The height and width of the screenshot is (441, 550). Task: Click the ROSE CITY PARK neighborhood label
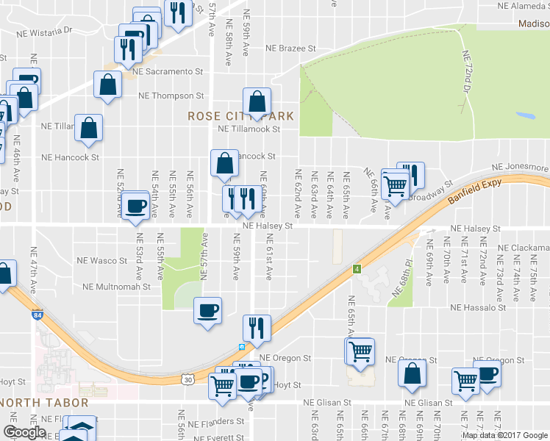(x=240, y=116)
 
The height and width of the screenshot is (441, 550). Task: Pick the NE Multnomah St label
(x=116, y=287)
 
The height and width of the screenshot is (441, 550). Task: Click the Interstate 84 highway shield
(x=37, y=315)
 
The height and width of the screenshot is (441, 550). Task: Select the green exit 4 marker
(x=357, y=268)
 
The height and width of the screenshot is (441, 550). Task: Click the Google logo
(x=24, y=432)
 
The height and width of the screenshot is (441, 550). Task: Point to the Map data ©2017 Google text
(x=504, y=434)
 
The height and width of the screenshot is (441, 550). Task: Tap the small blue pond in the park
(x=525, y=116)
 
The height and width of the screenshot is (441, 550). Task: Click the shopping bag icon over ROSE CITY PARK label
(x=257, y=101)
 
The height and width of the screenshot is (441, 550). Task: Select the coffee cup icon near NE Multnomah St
(x=208, y=310)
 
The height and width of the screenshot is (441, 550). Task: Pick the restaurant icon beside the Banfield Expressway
(x=257, y=328)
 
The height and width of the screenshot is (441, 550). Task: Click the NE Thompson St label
(x=171, y=96)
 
